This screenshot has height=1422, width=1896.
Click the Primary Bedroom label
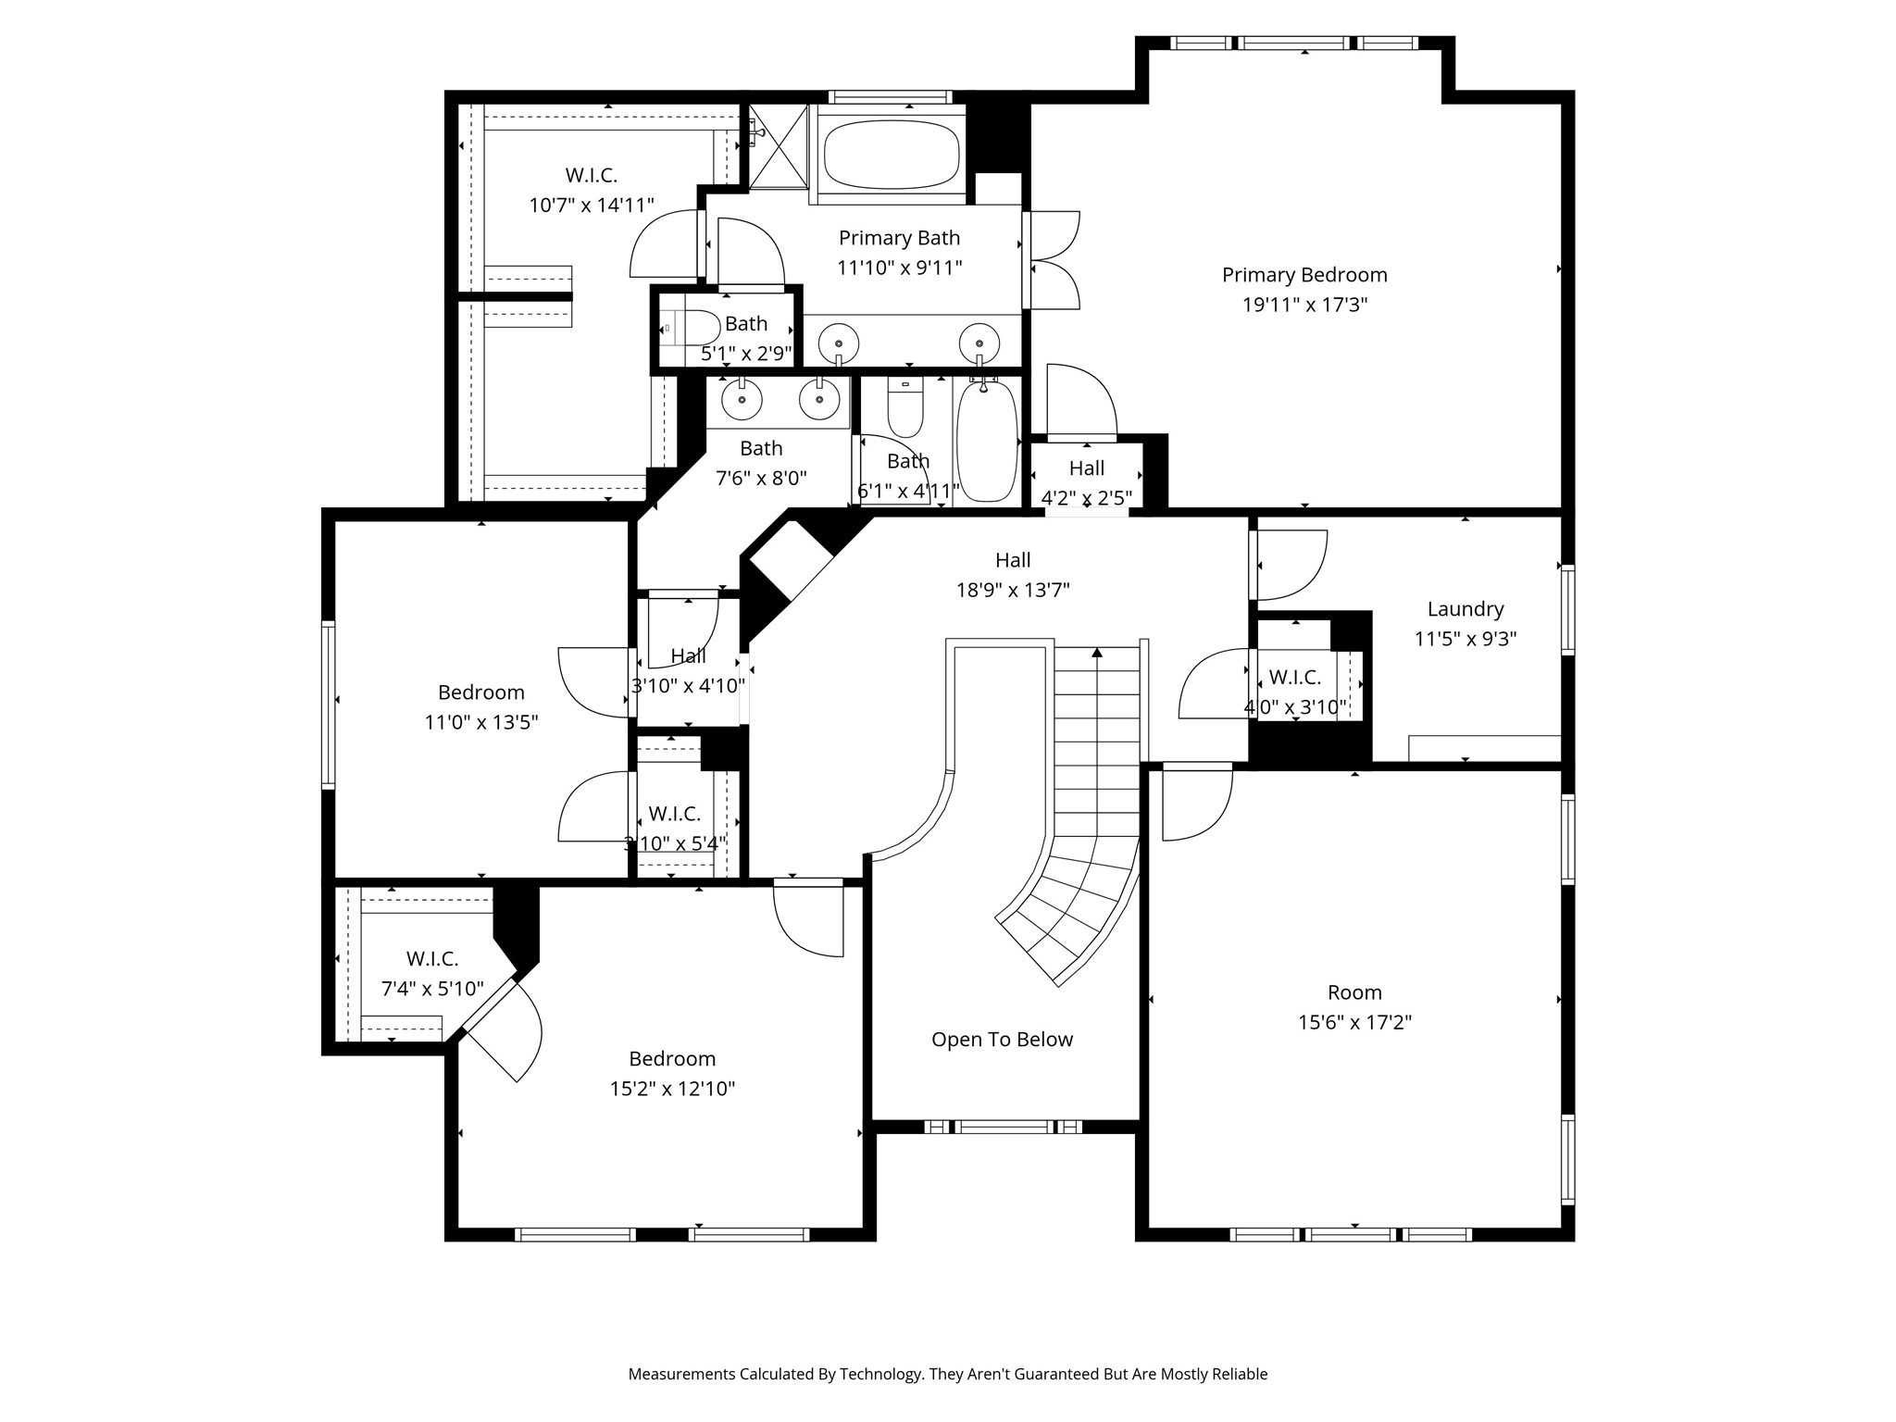[1303, 275]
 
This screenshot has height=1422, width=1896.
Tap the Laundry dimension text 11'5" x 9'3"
[1465, 639]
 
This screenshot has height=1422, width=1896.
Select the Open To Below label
[1002, 1040]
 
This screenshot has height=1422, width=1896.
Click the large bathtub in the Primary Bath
[891, 154]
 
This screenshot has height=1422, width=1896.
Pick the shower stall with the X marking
[778, 146]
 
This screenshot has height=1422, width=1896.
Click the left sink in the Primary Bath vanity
[839, 341]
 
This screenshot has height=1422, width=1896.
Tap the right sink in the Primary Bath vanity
[979, 341]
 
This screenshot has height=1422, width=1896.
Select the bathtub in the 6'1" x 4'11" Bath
[986, 443]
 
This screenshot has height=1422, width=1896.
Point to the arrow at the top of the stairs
[1097, 653]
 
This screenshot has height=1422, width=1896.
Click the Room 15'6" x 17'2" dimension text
[1354, 1023]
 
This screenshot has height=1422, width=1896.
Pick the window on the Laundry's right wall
[1567, 610]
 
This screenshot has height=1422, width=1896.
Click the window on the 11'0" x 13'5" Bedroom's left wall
[328, 705]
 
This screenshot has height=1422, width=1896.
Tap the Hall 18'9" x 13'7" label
[1013, 560]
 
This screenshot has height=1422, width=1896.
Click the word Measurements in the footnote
[680, 1374]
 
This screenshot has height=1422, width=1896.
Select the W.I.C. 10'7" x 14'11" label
[591, 175]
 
